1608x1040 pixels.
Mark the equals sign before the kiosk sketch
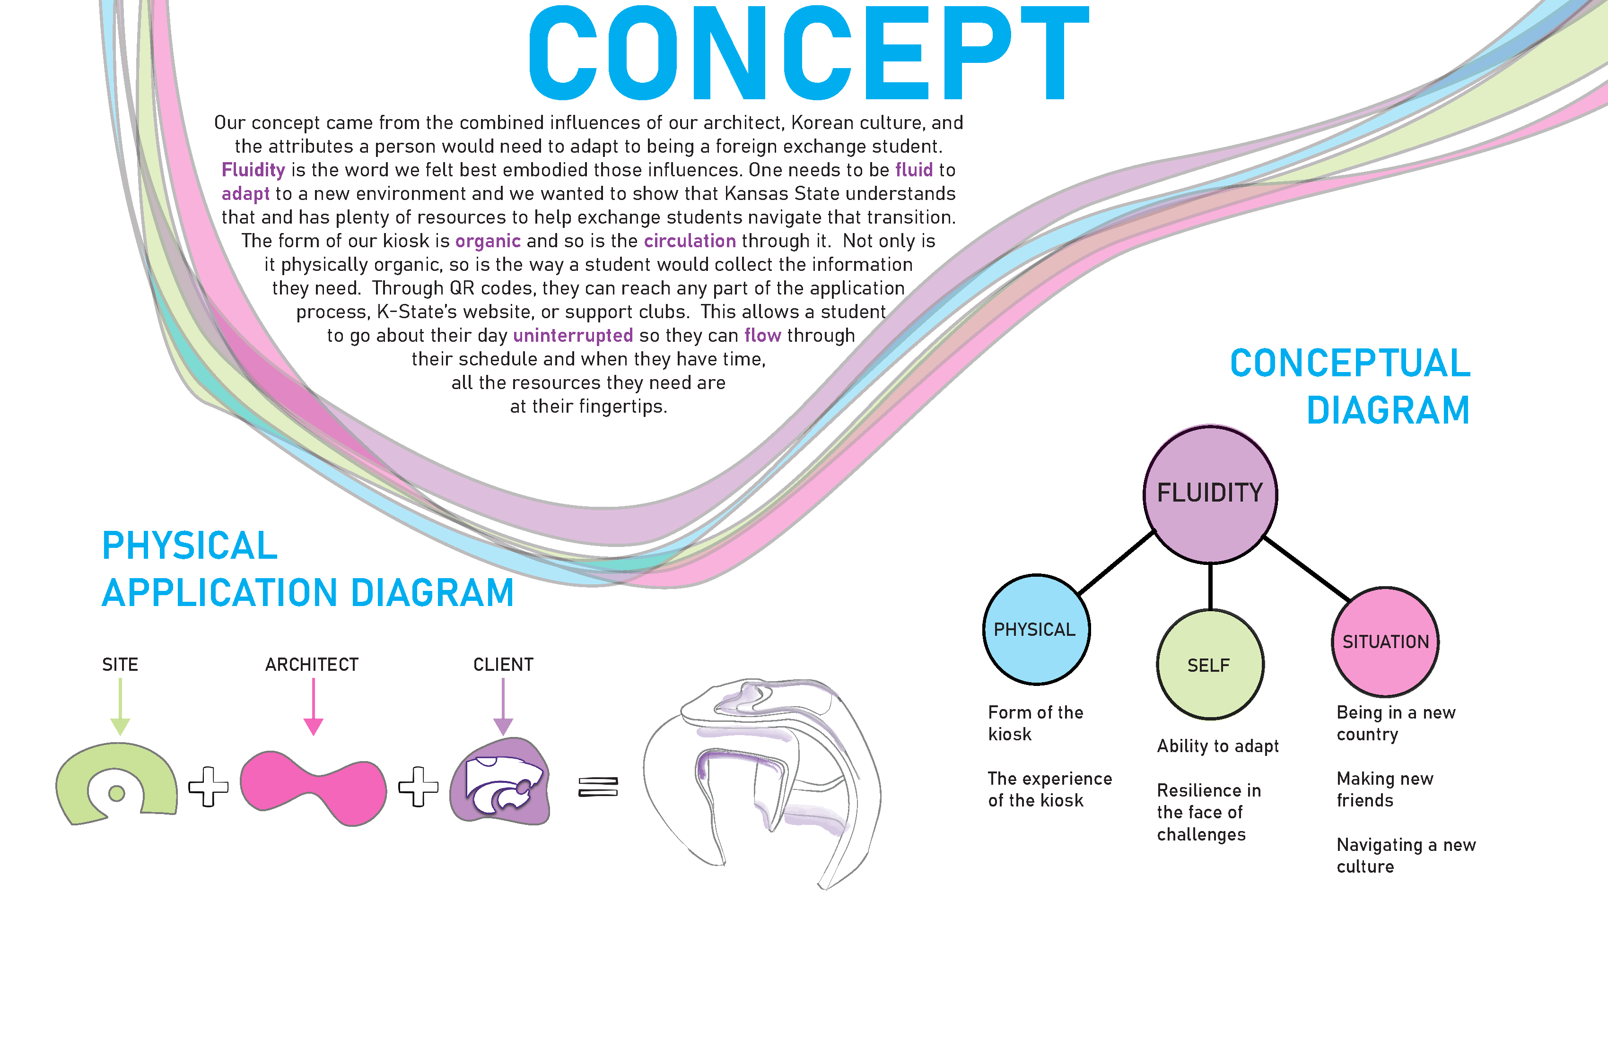tap(598, 787)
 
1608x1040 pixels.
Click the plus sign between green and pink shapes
tap(208, 787)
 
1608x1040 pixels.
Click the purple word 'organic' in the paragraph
tap(488, 241)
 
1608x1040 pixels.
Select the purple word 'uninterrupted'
tap(573, 336)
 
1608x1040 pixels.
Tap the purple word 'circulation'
tap(690, 241)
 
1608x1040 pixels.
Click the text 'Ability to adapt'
tap(1217, 746)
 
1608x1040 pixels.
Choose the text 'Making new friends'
tap(1384, 789)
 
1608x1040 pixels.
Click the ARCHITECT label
tap(312, 665)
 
